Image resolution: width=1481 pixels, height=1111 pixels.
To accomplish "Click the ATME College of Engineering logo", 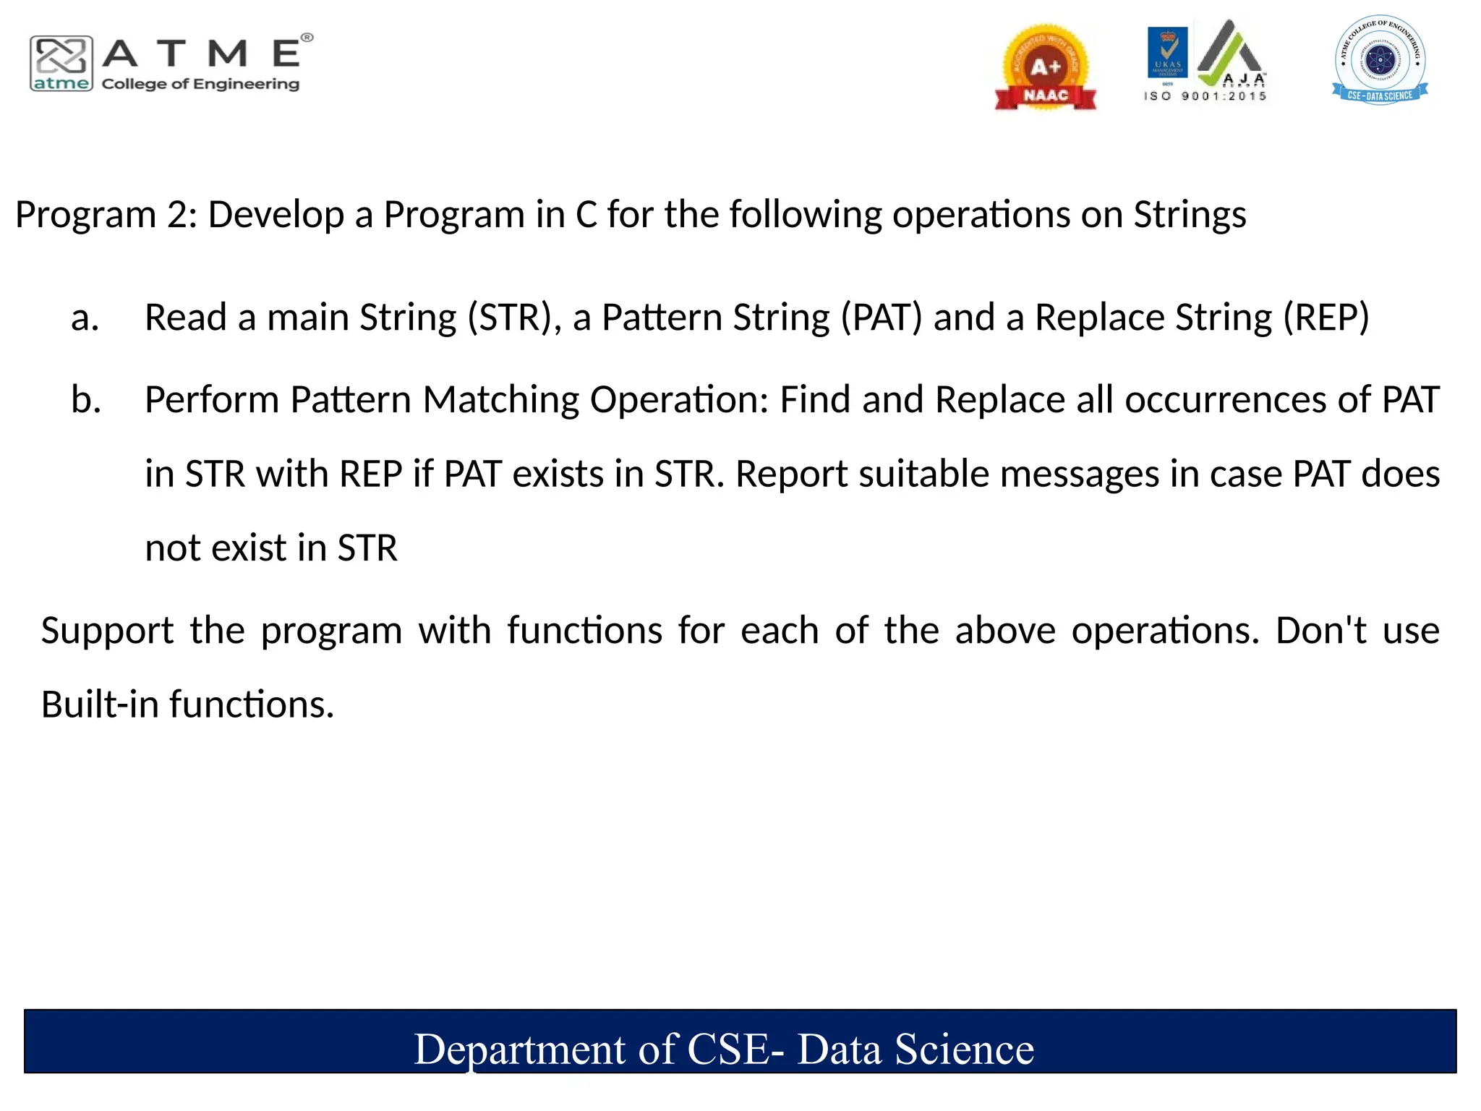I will tap(171, 64).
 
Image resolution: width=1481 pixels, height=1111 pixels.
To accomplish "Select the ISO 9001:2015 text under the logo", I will tap(1205, 96).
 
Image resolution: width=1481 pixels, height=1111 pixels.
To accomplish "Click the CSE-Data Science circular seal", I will tap(1380, 60).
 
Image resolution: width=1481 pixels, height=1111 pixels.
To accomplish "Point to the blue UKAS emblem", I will tap(1167, 52).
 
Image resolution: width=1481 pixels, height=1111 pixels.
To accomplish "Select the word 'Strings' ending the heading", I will tap(1190, 215).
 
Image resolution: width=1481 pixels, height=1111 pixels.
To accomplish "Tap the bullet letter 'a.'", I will tap(85, 318).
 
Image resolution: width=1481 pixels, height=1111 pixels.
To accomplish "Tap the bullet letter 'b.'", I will tap(85, 400).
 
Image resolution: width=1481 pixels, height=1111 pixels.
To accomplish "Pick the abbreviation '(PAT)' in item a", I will tap(881, 318).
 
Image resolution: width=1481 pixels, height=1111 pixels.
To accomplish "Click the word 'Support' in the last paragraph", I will tap(107, 631).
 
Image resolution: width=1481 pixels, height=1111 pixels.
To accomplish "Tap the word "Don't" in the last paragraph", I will tap(1320, 631).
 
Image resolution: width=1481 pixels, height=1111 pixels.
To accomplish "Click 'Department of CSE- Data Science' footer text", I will tap(723, 1049).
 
